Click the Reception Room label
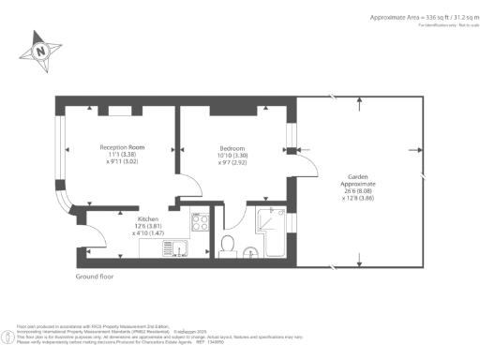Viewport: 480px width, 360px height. tap(122, 147)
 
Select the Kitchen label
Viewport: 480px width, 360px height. tap(125, 217)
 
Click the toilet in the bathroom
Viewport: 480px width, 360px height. tap(226, 246)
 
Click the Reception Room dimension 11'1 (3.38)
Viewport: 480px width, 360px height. tap(122, 155)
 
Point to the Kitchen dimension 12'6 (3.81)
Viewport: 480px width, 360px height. tap(125, 225)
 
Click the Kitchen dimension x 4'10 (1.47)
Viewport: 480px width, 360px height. tap(125, 232)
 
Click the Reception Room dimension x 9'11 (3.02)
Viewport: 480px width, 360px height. tap(122, 162)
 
